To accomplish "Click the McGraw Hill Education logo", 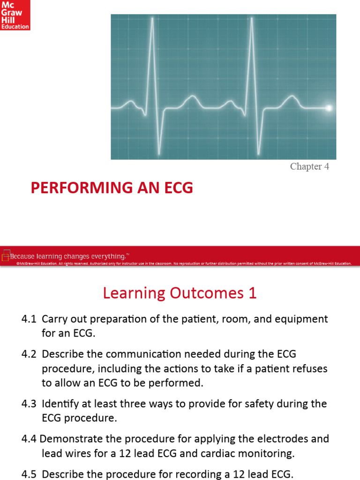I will [x=15, y=15].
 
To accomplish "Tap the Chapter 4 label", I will [x=309, y=167].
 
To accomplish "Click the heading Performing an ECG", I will [x=112, y=188].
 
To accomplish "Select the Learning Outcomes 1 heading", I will [x=180, y=293].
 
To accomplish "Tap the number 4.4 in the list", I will [x=29, y=439].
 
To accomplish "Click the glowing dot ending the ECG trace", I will [x=329, y=108].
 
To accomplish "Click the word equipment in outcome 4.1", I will [x=303, y=319].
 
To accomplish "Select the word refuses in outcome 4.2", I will [x=307, y=368].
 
